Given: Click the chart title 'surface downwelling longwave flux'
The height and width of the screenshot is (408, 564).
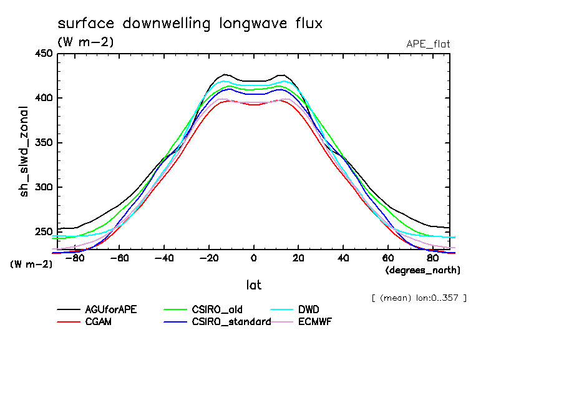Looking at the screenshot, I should (x=190, y=24).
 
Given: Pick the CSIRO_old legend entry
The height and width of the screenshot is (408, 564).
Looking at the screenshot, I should (x=218, y=309).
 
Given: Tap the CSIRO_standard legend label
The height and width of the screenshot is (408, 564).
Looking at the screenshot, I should (x=231, y=322).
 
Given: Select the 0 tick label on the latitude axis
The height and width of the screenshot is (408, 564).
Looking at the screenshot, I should (x=254, y=258).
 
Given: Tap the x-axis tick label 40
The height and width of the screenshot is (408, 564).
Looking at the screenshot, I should (x=343, y=258).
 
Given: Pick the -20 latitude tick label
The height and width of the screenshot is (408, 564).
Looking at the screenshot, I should (x=209, y=258).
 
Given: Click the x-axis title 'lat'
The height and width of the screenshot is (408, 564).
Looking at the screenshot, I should (x=253, y=285).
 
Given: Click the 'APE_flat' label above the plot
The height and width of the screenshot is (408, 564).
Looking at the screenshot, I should (x=428, y=44).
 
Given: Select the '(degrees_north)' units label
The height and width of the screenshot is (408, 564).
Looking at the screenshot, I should (x=423, y=270).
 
